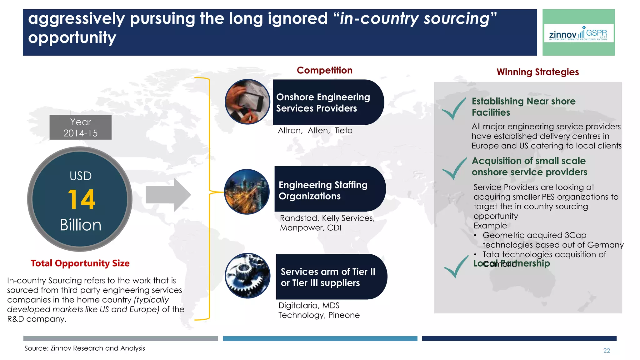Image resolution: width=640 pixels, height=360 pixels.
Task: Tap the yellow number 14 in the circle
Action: [81, 199]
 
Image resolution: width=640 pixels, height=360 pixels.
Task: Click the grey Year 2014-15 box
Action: [80, 127]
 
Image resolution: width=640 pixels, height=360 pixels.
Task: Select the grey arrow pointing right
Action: [168, 195]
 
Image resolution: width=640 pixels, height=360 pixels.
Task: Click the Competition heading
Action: [324, 70]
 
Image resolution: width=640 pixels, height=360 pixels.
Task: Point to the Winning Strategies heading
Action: [537, 72]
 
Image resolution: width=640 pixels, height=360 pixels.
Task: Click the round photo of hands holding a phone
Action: [247, 102]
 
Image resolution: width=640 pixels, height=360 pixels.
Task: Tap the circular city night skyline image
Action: [247, 192]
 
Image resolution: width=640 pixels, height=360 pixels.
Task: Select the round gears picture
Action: [247, 276]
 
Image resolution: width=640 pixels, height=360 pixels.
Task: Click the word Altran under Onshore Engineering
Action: [290, 131]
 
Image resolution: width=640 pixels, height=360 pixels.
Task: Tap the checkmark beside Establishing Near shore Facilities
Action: [453, 108]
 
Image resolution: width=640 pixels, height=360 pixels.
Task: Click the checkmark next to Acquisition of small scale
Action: [454, 168]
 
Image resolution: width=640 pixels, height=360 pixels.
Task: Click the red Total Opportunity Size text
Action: [80, 263]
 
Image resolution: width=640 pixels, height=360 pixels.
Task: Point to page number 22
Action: [606, 351]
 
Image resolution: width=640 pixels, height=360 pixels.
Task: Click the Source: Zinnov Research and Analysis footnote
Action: [85, 348]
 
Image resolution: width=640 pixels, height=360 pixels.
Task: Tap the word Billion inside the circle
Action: [81, 225]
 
